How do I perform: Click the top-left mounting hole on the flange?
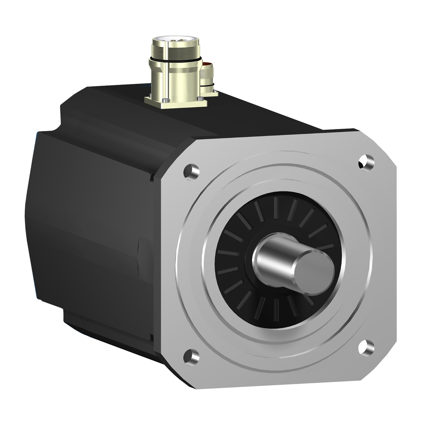(x=191, y=171)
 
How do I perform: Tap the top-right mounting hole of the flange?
(x=366, y=162)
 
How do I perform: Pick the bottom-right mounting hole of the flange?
(x=366, y=347)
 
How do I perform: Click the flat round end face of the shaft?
(x=315, y=271)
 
